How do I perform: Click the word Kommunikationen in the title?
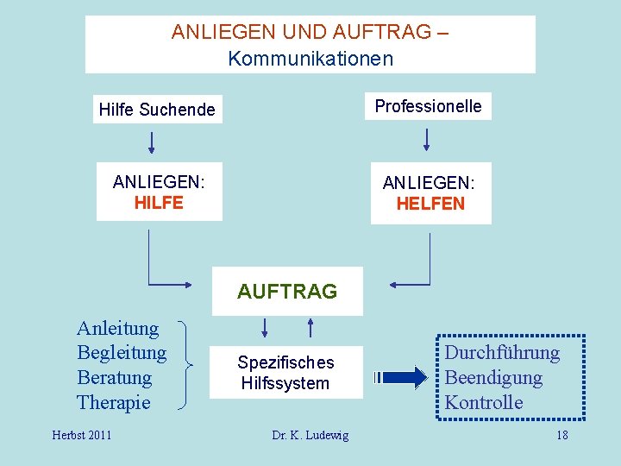point(310,59)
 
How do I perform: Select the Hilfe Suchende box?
point(157,110)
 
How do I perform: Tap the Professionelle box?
point(428,106)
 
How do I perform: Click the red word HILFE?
point(159,203)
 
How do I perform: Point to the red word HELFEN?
point(430,205)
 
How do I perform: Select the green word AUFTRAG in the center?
point(287,292)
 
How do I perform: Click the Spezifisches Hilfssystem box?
point(285,373)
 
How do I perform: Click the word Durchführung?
point(501,353)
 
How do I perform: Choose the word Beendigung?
point(492,378)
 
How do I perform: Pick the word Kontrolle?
point(483,403)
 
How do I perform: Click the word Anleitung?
point(117,328)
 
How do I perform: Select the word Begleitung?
point(122,353)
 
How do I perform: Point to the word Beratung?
point(114,378)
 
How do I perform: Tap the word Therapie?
point(113,403)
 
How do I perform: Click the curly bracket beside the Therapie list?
point(184,365)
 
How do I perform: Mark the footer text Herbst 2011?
point(82,435)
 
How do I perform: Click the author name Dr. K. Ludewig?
point(310,435)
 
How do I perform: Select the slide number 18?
point(561,435)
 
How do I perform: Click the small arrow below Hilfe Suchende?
point(153,141)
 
